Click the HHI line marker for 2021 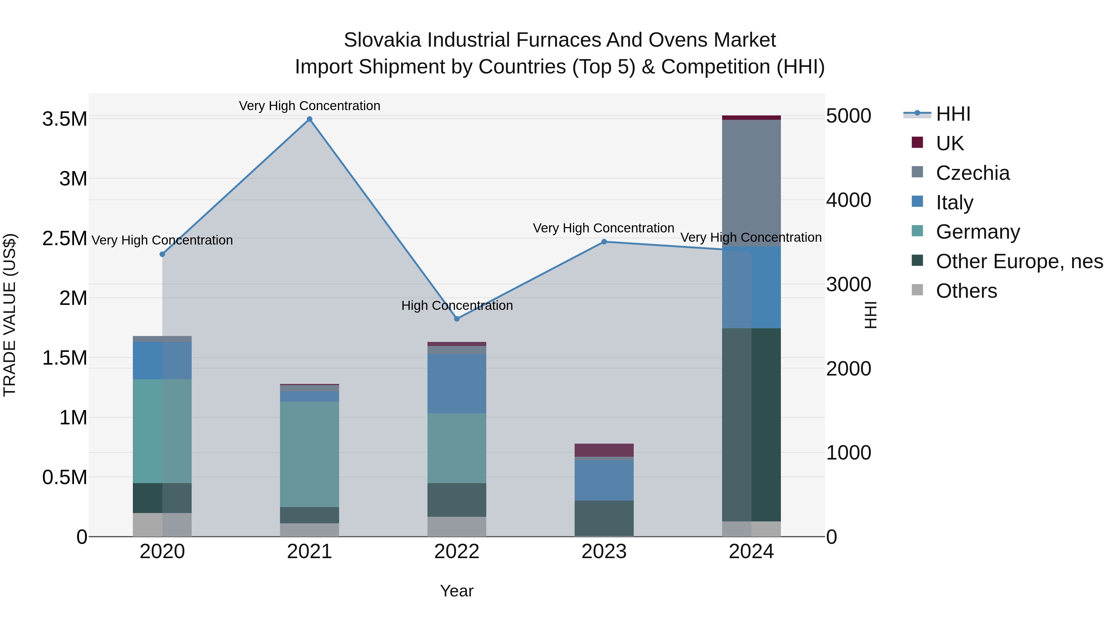click(x=310, y=119)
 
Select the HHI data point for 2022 click(x=457, y=319)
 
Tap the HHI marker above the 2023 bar click(x=604, y=242)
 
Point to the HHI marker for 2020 click(x=162, y=254)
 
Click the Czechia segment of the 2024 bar click(x=751, y=183)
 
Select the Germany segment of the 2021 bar click(x=310, y=454)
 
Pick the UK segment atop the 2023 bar click(x=604, y=450)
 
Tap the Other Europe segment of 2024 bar click(x=751, y=424)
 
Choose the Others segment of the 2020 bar click(x=162, y=525)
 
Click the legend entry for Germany click(x=978, y=232)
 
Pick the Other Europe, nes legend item click(x=1019, y=261)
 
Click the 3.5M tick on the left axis click(x=65, y=119)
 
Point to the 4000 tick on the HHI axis click(x=848, y=200)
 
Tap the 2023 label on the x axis click(x=604, y=552)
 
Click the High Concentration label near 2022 click(x=457, y=305)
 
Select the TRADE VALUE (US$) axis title click(x=10, y=315)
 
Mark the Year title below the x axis click(x=456, y=591)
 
